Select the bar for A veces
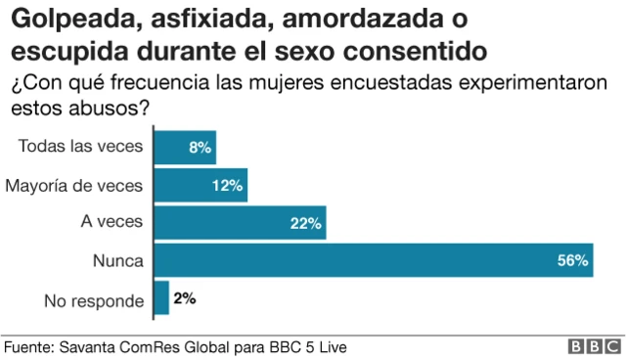[x=240, y=223]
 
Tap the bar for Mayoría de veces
[x=201, y=185]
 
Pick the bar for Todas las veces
[x=185, y=147]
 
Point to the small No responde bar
[x=161, y=299]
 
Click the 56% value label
[x=572, y=261]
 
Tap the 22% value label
[x=305, y=223]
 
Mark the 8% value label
[x=200, y=147]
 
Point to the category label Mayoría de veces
[x=74, y=185]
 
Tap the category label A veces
[x=112, y=223]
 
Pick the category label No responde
[x=92, y=299]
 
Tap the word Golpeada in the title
[x=60, y=19]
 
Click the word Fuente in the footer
[x=27, y=347]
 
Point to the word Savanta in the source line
[x=90, y=347]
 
